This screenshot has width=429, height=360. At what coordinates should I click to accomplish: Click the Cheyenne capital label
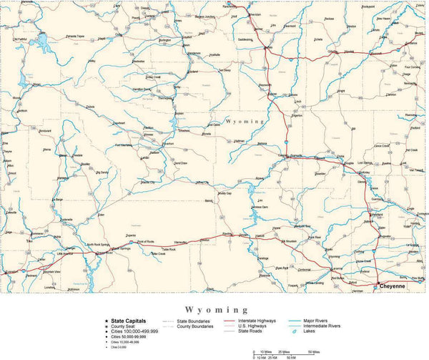(x=392, y=286)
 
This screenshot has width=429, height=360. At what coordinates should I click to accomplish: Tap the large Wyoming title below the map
(x=214, y=309)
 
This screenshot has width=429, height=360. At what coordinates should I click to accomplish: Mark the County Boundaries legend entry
(x=195, y=327)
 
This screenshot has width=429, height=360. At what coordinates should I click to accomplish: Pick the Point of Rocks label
(x=149, y=242)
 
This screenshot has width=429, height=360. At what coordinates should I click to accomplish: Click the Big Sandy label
(x=102, y=172)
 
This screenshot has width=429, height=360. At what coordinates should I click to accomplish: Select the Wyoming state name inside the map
(x=244, y=122)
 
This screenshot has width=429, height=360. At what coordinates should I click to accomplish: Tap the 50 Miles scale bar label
(x=314, y=351)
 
